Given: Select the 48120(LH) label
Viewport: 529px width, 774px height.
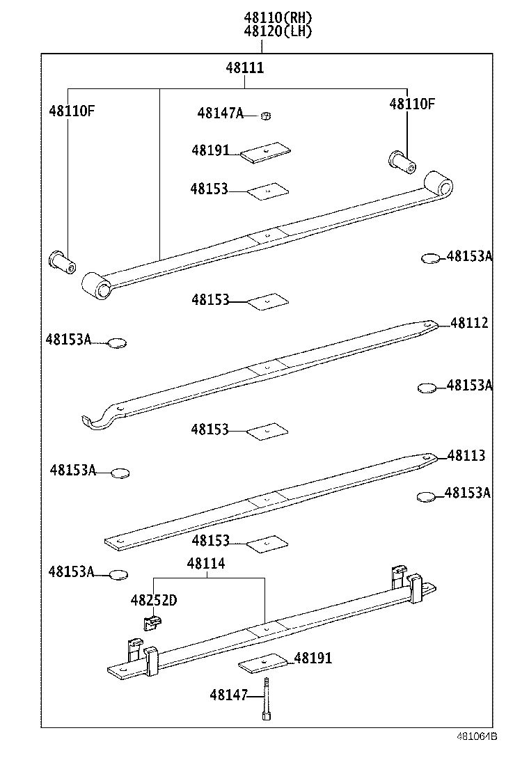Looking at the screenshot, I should (278, 31).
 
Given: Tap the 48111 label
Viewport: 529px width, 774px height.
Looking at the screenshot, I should (244, 68).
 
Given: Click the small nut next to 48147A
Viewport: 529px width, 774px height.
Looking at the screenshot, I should (265, 115).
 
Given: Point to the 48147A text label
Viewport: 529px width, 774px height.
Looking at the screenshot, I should (219, 113).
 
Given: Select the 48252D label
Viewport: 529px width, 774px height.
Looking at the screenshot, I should (153, 600).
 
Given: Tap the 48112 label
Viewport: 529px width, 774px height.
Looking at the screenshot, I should (468, 323).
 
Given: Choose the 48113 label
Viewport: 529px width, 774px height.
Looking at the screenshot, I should (466, 456).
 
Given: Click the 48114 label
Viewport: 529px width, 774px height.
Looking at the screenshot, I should (205, 564).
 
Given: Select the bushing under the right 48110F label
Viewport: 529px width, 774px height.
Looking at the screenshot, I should (402, 161).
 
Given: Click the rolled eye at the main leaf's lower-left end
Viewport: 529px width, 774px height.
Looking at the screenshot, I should (96, 285).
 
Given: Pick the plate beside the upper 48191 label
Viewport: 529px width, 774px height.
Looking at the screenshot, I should (266, 152).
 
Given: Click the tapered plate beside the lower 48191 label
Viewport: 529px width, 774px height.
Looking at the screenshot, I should (264, 663).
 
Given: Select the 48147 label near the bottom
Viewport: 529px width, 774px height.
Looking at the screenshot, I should (228, 695).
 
